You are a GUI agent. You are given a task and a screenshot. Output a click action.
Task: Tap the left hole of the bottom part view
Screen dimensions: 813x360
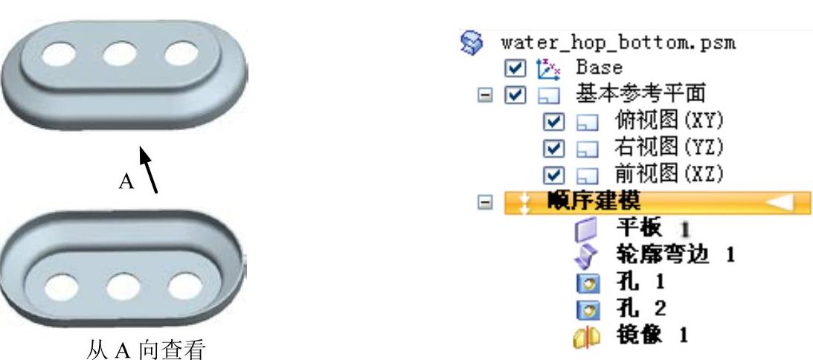tap(62, 286)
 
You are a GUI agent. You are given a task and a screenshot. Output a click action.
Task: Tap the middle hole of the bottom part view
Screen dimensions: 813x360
tap(123, 287)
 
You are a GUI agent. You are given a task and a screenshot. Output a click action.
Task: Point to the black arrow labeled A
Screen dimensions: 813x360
tap(149, 169)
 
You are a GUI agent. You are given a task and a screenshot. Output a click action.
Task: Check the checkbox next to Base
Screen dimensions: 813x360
tap(514, 68)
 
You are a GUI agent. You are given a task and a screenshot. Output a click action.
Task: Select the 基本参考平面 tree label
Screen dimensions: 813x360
tap(640, 94)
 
